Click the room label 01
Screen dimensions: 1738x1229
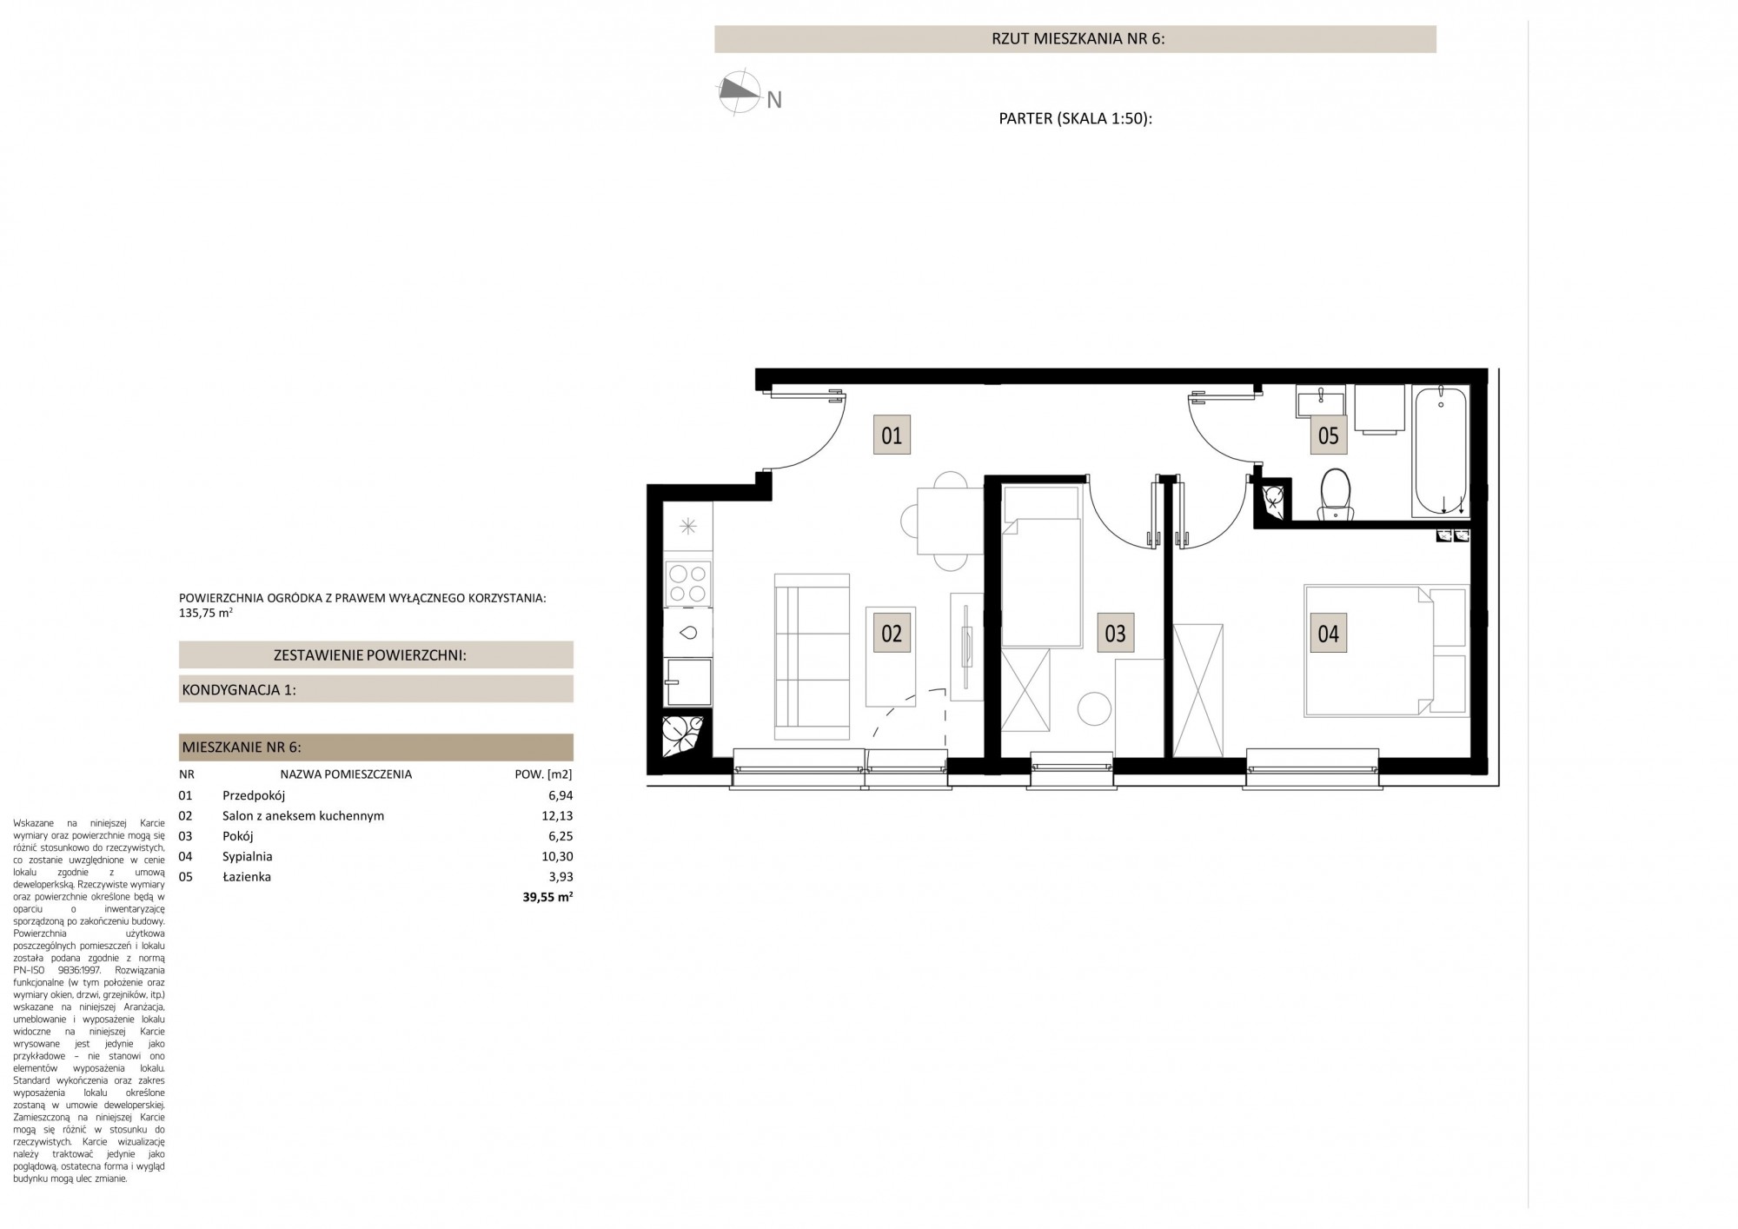(892, 435)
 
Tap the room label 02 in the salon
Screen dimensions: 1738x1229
(892, 634)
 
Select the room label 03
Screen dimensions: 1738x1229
(1115, 634)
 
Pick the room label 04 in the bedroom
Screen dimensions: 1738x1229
(1329, 634)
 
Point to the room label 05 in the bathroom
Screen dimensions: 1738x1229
(1329, 435)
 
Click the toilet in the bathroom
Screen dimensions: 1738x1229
(1336, 495)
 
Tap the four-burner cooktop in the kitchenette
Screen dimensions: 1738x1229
(688, 582)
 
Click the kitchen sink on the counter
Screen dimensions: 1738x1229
(688, 633)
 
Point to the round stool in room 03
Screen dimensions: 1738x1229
(1094, 708)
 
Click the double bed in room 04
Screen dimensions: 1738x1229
(1387, 651)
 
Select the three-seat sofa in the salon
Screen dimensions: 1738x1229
(812, 656)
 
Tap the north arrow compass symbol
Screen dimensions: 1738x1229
(736, 92)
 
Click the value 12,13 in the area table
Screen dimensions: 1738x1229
(556, 816)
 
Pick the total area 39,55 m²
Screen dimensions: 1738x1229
(547, 898)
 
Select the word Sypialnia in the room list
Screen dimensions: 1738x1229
(248, 857)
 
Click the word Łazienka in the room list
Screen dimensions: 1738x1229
(247, 877)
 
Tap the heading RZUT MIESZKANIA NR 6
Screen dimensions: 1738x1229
(1075, 39)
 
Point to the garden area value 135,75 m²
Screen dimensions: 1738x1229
(205, 613)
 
